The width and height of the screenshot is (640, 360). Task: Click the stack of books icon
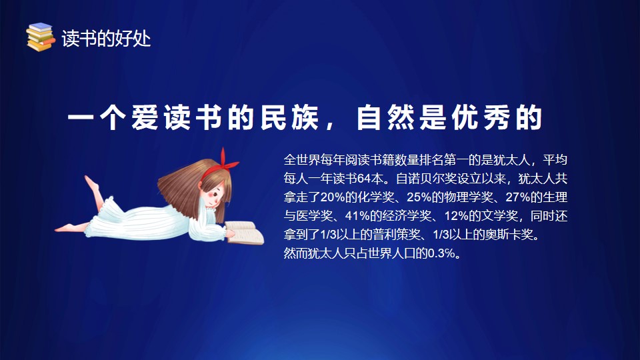[x=41, y=37]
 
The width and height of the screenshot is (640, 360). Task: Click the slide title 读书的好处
[x=106, y=39]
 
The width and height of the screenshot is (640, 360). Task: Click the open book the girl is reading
[x=244, y=233]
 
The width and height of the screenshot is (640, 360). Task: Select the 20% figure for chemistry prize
[x=333, y=197]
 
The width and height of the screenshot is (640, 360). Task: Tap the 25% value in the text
[x=419, y=197]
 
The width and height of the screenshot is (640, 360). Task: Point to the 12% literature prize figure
[x=456, y=216]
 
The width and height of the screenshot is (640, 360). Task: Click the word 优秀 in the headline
[x=481, y=117]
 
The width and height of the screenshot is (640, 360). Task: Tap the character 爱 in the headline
[x=145, y=117]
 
